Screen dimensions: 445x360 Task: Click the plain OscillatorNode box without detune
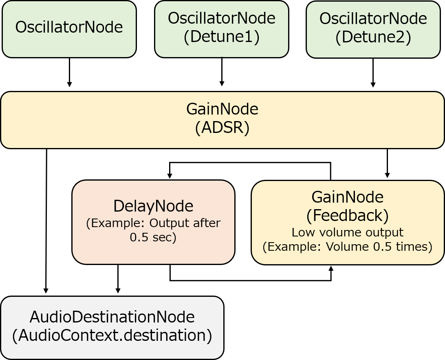pos(69,29)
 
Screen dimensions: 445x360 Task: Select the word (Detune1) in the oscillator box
pos(222,37)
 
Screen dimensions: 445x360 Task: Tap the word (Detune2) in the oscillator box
pos(373,37)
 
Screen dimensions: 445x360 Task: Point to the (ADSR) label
pos(222,128)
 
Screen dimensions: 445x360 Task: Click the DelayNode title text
pos(153,206)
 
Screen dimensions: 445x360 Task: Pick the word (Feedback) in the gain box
pos(347,215)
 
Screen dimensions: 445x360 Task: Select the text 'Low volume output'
pos(347,232)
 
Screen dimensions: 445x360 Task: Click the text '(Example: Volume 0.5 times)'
pos(347,246)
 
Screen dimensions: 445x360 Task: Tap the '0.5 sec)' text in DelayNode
pos(153,237)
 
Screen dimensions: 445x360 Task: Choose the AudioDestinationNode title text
pos(112,317)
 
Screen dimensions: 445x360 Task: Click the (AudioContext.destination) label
pos(112,335)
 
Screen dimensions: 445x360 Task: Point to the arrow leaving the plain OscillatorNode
pos(69,73)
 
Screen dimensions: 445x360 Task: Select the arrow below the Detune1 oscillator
pos(222,72)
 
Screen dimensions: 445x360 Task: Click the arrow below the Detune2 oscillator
pos(373,73)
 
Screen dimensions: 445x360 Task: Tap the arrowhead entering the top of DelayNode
pos(170,175)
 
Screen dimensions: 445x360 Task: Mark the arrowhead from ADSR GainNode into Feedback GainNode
pos(388,175)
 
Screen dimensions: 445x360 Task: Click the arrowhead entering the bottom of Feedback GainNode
pos(330,269)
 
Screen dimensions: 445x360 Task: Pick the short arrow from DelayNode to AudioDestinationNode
pos(118,279)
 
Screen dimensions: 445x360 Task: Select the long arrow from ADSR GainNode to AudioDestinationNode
pos(46,221)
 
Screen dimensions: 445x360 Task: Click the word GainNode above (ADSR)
pos(222,109)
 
